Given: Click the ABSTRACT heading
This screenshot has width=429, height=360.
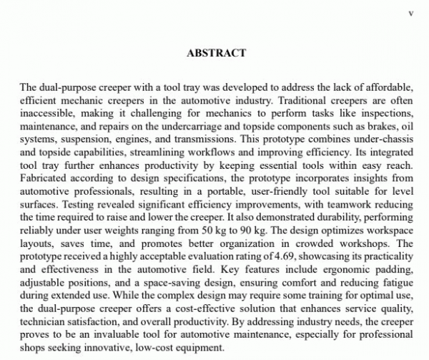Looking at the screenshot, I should pyautogui.click(x=216, y=53).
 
